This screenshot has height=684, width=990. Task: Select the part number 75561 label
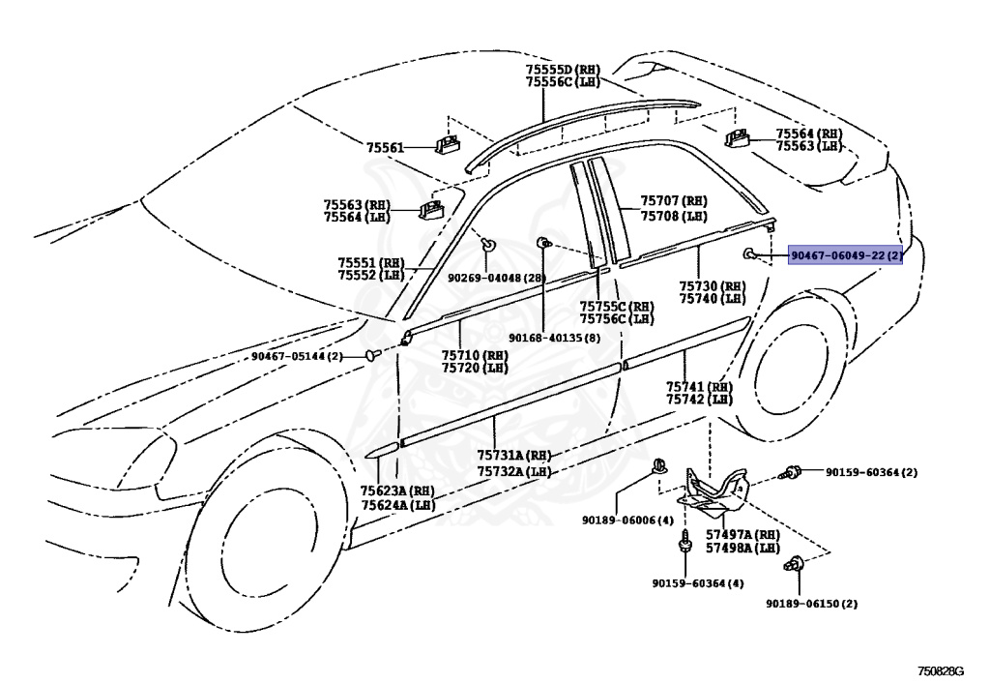coord(385,148)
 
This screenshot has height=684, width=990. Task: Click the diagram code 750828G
coord(941,670)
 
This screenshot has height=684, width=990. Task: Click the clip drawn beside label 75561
coord(447,144)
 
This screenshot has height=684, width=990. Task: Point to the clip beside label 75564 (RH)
coord(737,137)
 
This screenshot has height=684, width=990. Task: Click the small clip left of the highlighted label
coord(749,253)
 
